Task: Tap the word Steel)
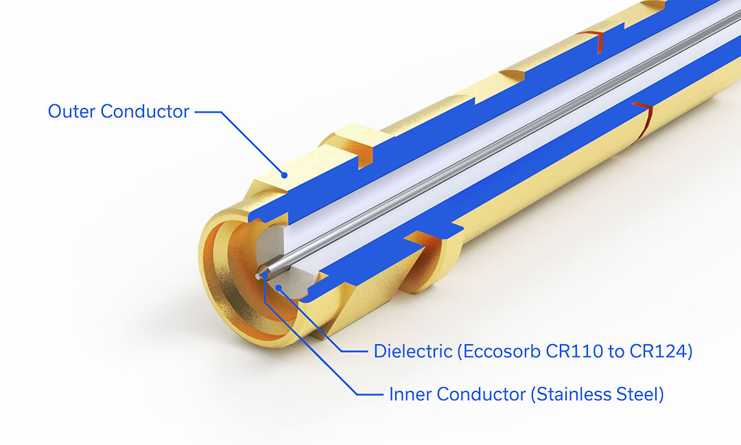640,395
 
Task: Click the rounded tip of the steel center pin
259,275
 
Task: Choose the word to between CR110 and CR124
613,352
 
